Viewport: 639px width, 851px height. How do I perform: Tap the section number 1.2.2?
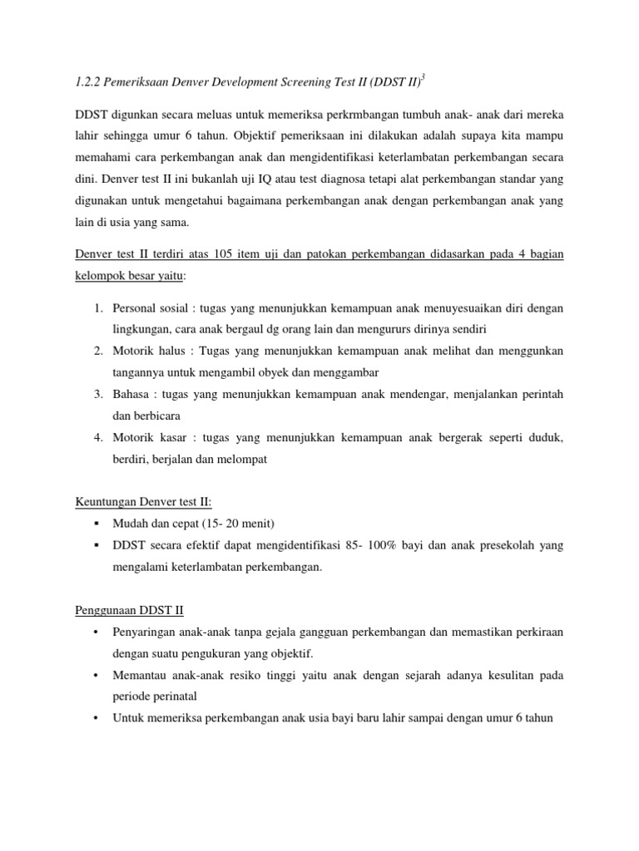point(89,81)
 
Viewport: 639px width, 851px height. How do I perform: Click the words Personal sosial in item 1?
point(149,308)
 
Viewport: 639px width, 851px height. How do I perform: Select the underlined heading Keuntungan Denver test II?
point(143,502)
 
